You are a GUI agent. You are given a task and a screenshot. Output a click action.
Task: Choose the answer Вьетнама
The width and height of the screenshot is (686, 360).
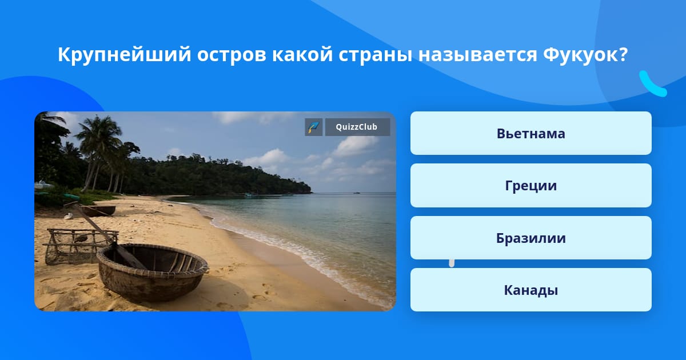(x=531, y=133)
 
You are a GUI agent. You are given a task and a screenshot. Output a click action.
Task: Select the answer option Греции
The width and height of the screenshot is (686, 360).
(x=531, y=186)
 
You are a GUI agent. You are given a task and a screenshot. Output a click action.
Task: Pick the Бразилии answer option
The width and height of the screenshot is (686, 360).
(x=531, y=238)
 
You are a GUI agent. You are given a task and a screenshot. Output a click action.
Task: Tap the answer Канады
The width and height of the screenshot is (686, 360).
(x=531, y=290)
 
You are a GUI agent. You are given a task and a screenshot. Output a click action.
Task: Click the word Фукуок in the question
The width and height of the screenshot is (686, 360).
(x=581, y=55)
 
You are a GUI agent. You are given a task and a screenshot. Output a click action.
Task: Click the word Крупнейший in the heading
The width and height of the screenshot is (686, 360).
(x=125, y=55)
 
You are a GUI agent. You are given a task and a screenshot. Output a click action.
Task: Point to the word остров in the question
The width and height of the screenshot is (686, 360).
(x=232, y=55)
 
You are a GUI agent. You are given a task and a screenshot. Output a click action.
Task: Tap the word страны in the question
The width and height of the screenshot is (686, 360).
(x=376, y=55)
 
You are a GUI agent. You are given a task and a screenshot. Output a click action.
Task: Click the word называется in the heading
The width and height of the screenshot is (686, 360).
(x=478, y=55)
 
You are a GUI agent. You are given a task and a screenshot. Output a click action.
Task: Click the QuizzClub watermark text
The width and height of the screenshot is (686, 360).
(x=357, y=127)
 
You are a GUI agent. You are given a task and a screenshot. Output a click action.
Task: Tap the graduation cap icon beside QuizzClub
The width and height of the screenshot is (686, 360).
(x=314, y=127)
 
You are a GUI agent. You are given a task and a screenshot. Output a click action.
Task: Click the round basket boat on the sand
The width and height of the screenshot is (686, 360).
(x=153, y=272)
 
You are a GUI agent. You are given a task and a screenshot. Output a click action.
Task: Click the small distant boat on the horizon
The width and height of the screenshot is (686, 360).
(x=357, y=193)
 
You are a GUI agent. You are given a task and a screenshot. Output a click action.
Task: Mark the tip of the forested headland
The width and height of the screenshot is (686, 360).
(x=312, y=192)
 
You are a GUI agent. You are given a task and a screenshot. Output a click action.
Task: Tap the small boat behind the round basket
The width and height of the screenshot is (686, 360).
(x=98, y=210)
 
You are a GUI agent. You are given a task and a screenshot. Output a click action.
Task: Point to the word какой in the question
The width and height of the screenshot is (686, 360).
(x=302, y=54)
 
